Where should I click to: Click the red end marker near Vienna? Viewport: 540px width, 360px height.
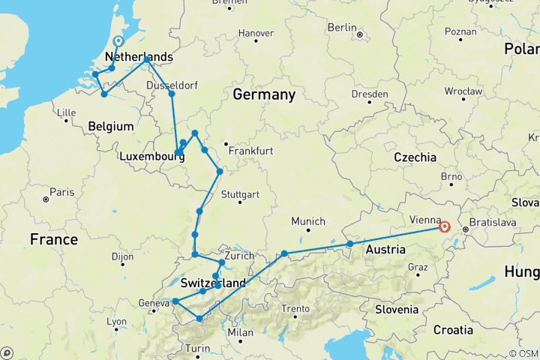(x=444, y=226)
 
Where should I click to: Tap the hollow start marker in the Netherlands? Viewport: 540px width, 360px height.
(x=118, y=42)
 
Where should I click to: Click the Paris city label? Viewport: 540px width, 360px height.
(x=62, y=193)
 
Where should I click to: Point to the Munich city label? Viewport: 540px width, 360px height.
(x=309, y=221)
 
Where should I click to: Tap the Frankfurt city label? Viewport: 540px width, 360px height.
(x=251, y=151)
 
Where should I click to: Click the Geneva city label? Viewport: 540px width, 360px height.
(x=154, y=303)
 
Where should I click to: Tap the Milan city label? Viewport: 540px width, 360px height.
(x=241, y=332)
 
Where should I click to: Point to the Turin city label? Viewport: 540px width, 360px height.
(x=198, y=349)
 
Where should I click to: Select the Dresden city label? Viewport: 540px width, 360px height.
(x=370, y=94)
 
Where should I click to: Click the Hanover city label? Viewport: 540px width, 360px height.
(x=256, y=33)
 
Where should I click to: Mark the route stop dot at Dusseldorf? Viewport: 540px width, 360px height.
(x=172, y=94)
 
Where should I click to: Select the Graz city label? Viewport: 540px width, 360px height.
(x=417, y=267)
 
